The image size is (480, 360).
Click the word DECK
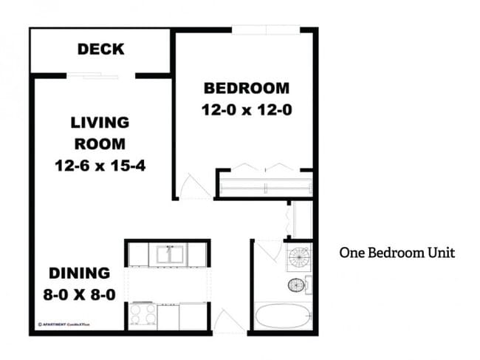coord(100,50)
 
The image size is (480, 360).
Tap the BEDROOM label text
coord(246,89)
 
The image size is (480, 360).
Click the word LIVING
coord(100,123)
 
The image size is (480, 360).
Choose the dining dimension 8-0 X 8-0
coord(80,294)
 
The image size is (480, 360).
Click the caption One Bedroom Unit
coord(397,253)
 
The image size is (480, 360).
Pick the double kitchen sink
coord(169,254)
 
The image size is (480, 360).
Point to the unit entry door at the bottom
coord(229,324)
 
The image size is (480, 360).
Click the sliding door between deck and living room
coord(100,75)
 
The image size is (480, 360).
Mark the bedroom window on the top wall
coord(266,30)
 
